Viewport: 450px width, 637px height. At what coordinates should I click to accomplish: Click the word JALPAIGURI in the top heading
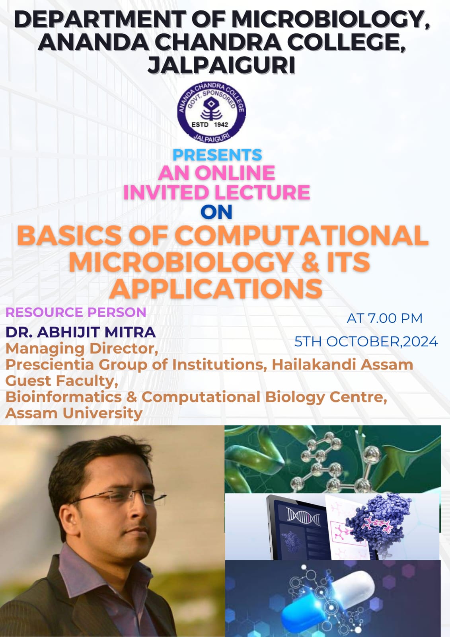(221, 65)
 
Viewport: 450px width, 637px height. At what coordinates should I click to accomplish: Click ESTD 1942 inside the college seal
(210, 125)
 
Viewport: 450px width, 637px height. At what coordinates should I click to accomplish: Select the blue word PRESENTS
(217, 155)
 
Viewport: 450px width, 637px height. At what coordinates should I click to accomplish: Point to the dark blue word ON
(216, 212)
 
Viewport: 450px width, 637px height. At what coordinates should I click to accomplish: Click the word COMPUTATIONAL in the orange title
(301, 235)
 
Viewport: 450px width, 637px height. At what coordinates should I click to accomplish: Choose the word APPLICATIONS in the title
(216, 289)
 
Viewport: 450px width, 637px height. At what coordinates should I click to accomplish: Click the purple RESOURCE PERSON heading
(76, 312)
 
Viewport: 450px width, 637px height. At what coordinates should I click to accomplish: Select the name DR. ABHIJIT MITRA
(81, 332)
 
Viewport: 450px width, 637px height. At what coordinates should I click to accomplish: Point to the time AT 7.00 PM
(384, 318)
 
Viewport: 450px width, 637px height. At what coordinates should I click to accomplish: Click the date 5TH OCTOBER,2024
(366, 342)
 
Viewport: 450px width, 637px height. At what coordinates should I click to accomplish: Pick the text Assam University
(74, 413)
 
